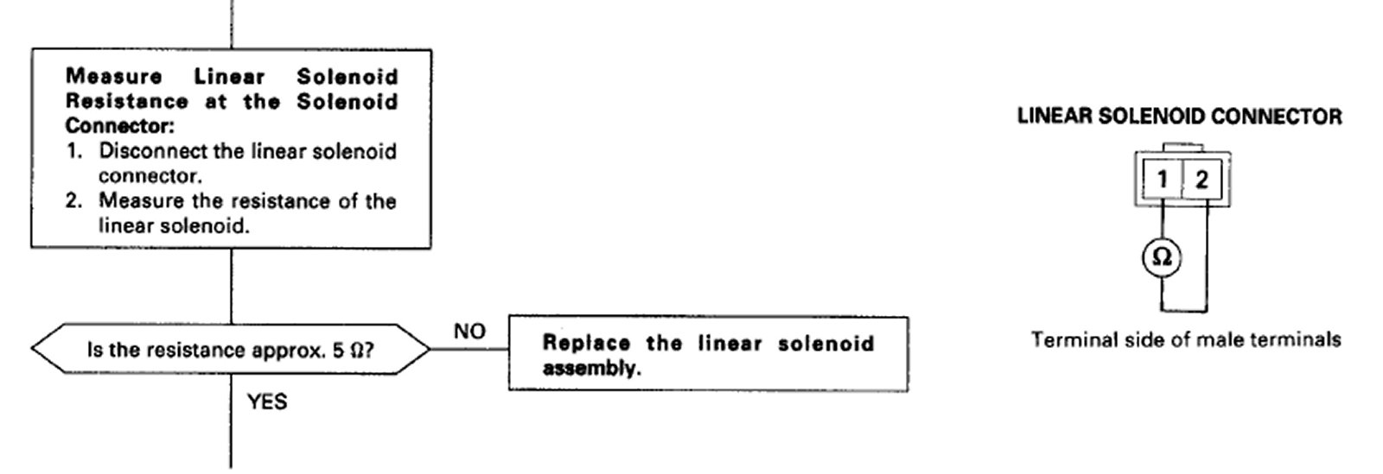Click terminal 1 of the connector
(x=1163, y=180)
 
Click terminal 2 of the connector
(x=1201, y=180)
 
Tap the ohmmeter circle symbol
(x=1163, y=257)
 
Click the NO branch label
(x=469, y=332)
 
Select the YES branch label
(x=267, y=402)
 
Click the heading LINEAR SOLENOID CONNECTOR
(x=1180, y=117)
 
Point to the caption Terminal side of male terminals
(x=1185, y=339)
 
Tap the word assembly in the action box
(x=592, y=369)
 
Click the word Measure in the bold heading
(x=113, y=76)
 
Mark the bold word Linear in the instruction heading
(x=229, y=76)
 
